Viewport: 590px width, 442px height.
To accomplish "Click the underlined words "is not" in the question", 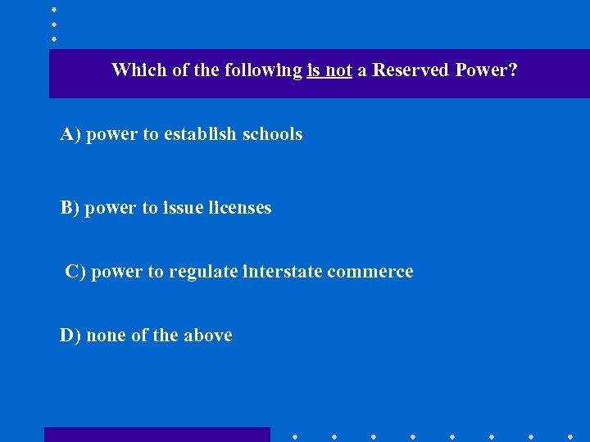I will click(329, 70).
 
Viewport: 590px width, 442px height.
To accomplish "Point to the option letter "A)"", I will click(70, 134).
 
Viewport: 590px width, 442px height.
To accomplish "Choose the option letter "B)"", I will click(70, 208).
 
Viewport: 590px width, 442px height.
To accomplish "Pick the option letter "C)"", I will click(75, 272).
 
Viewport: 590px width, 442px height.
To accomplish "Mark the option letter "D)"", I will click(70, 336).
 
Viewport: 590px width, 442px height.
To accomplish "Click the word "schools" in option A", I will click(273, 134).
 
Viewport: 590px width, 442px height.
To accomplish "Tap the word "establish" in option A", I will click(201, 134).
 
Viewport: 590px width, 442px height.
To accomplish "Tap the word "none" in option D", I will click(106, 336).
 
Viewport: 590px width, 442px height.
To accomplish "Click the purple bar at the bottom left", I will click(157, 435).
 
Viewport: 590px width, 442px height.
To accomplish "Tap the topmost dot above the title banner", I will click(53, 9).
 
